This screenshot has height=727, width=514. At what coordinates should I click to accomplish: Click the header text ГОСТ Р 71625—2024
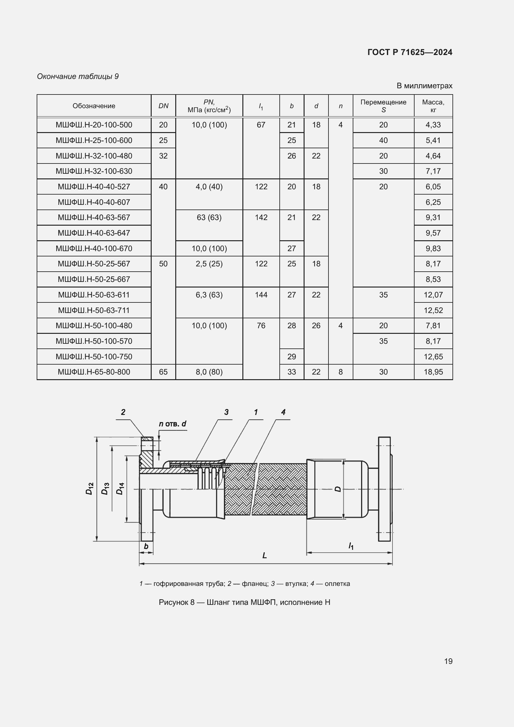click(410, 52)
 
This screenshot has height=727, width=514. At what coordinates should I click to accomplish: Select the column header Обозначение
click(94, 106)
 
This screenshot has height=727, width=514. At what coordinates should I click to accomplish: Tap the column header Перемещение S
click(383, 106)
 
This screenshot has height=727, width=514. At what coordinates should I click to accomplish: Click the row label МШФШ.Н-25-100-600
click(94, 140)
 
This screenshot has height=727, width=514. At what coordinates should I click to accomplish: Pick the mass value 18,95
click(433, 372)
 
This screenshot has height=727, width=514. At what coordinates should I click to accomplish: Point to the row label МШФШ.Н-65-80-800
click(94, 372)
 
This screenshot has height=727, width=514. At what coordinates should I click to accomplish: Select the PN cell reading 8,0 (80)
click(209, 372)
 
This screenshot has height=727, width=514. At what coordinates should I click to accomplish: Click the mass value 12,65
click(433, 357)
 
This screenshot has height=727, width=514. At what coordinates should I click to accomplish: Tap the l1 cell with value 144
click(261, 295)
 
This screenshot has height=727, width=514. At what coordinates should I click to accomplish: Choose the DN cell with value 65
click(163, 372)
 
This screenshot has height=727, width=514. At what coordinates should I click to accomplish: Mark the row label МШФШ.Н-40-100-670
click(94, 249)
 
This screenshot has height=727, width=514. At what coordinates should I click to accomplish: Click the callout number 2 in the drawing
click(123, 412)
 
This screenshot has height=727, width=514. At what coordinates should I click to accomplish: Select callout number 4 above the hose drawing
click(283, 412)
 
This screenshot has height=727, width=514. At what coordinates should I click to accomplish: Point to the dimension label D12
click(89, 489)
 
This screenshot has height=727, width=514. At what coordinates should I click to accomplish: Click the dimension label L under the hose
click(264, 555)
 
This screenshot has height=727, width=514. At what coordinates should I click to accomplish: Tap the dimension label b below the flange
click(146, 546)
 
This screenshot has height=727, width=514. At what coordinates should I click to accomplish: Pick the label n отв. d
click(172, 424)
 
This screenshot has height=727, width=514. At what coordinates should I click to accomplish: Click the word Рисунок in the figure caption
click(174, 602)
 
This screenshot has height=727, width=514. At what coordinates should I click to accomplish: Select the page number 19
click(448, 661)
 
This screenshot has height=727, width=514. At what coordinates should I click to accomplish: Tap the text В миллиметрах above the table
click(424, 86)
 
